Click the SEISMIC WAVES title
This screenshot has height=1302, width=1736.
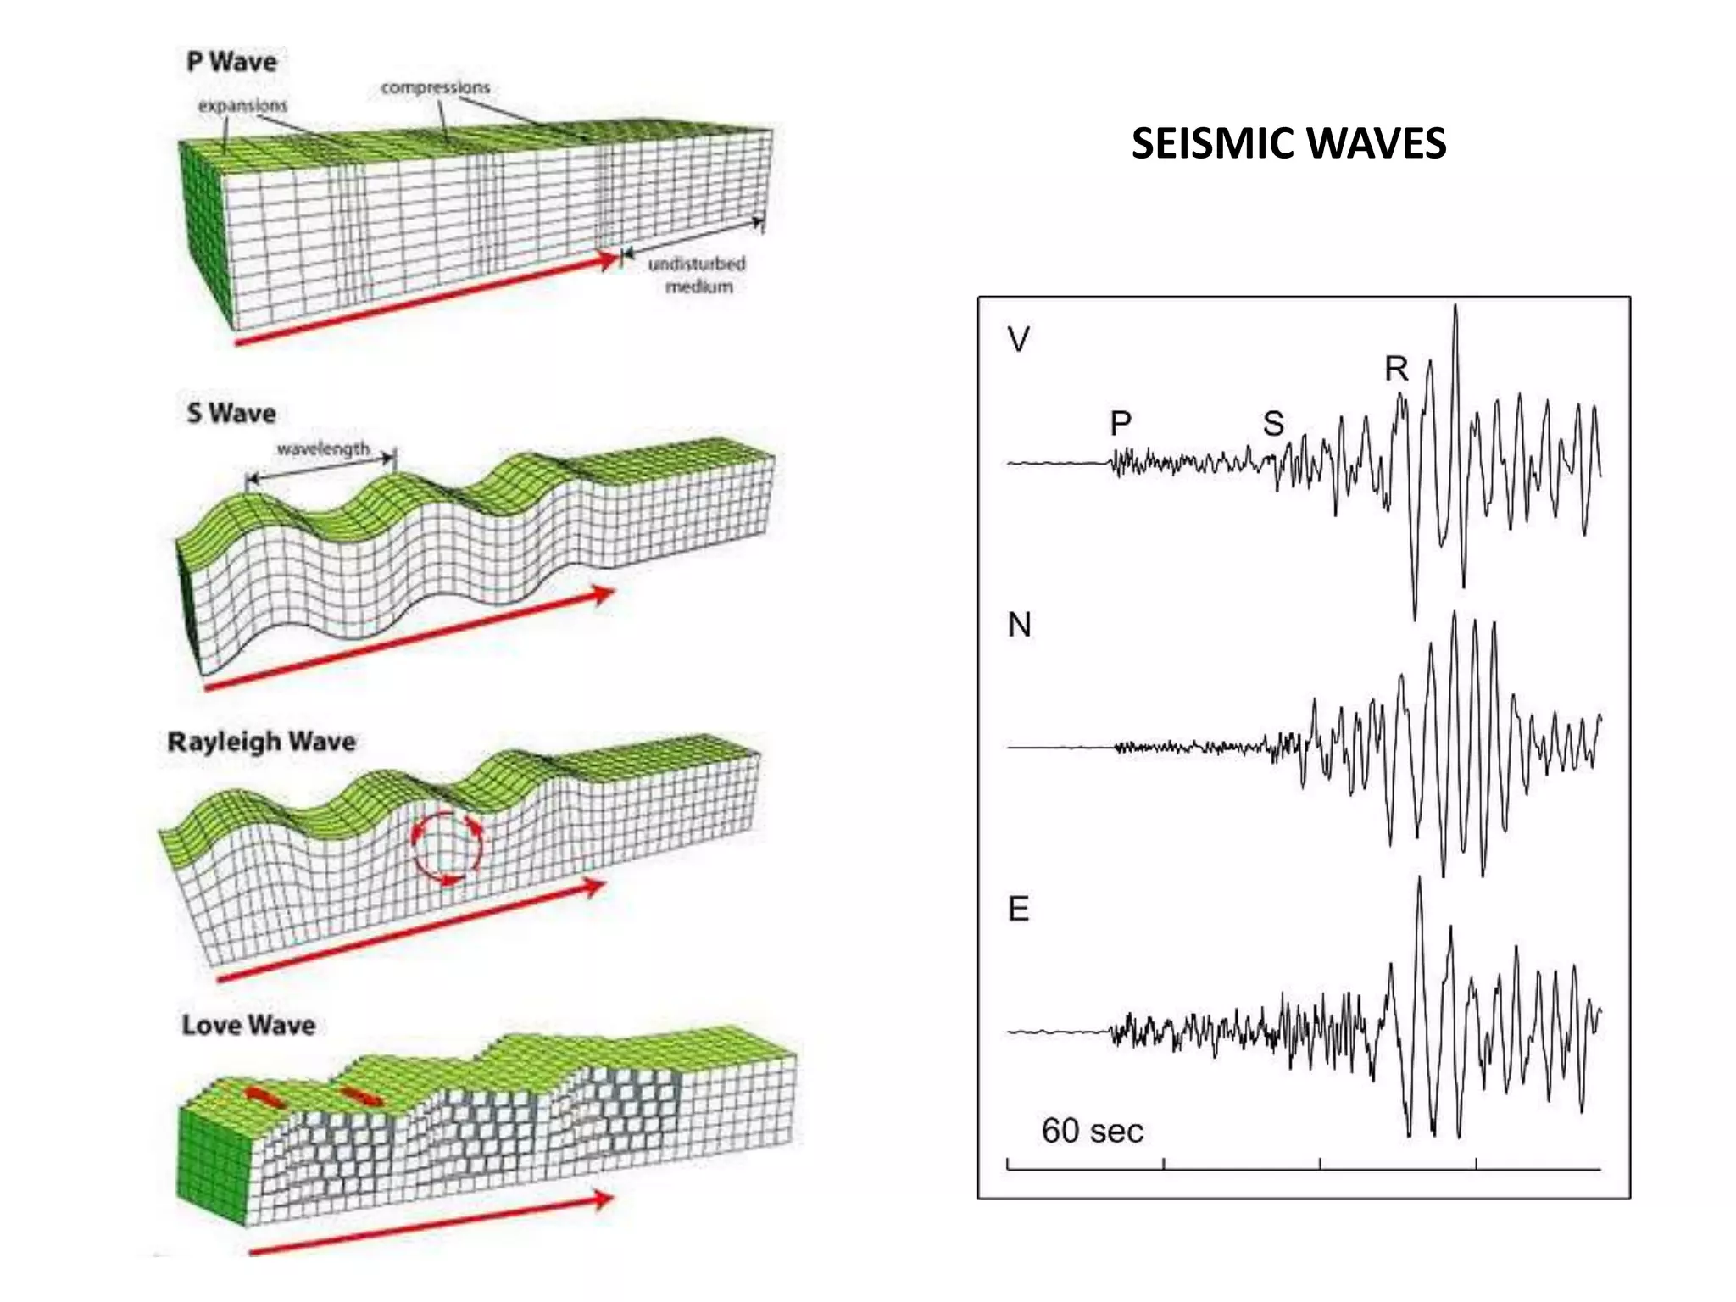click(x=1288, y=143)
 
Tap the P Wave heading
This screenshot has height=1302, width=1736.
click(x=231, y=62)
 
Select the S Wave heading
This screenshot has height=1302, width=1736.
click(x=231, y=413)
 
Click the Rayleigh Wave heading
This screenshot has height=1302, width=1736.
click(x=261, y=743)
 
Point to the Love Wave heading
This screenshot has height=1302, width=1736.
click(x=248, y=1025)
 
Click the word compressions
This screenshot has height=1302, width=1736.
click(x=435, y=87)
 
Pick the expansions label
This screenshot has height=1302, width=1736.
click(x=242, y=106)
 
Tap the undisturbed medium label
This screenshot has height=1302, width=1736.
click(x=698, y=275)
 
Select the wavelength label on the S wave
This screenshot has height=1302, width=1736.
click(x=323, y=448)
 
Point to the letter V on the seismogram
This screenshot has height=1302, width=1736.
click(x=1019, y=340)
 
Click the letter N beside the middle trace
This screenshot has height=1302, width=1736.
click(x=1020, y=625)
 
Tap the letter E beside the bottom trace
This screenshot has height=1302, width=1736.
click(x=1019, y=909)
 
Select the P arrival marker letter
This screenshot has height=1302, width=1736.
click(x=1121, y=422)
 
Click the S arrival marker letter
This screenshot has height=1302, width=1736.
click(x=1273, y=423)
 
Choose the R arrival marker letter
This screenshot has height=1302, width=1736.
click(x=1396, y=368)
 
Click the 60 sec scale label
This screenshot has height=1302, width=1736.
click(x=1093, y=1131)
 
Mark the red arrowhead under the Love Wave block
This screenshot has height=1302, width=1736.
click(x=602, y=1199)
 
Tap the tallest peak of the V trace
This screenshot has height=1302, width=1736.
click(x=1455, y=307)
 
